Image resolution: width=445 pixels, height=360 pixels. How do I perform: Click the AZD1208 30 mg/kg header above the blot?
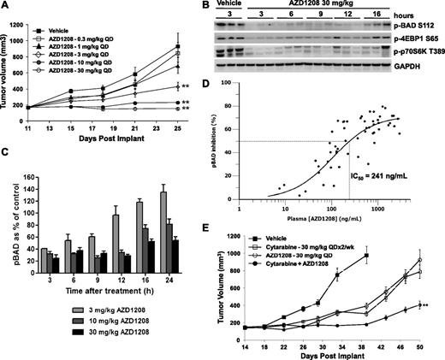[x=317, y=6]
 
